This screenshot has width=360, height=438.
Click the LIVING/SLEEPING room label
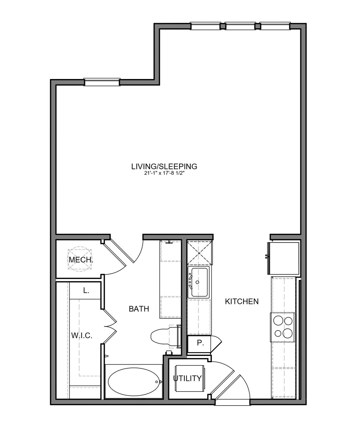tap(164, 166)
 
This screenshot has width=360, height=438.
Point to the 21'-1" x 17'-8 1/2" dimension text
tap(164, 173)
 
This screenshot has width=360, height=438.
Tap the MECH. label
tap(81, 260)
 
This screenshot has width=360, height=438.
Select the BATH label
tap(139, 309)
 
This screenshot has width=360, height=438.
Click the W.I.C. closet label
tap(82, 335)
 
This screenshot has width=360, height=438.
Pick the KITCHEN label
tap(242, 301)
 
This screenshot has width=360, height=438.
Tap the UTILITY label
tap(187, 378)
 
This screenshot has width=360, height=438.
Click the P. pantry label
tap(200, 343)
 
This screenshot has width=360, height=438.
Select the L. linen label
tap(86, 290)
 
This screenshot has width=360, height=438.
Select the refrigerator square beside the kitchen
tap(284, 258)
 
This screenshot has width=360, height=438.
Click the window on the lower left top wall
tap(102, 82)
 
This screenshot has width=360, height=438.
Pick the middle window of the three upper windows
tap(240, 26)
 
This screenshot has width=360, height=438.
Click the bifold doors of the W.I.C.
tap(110, 327)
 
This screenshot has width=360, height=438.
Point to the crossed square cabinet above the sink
tap(199, 253)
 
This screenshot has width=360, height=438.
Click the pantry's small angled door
tap(216, 345)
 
